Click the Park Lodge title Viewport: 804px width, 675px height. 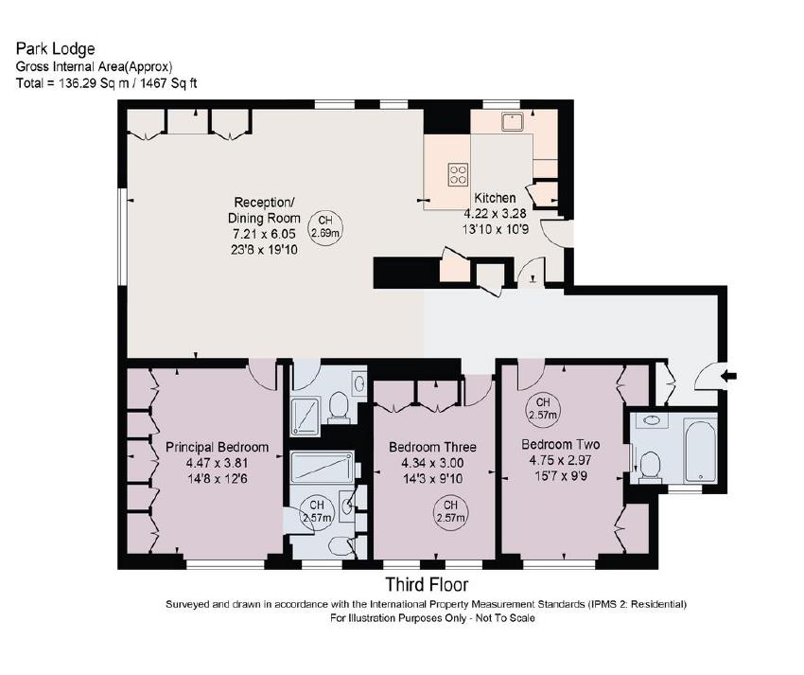pos(55,48)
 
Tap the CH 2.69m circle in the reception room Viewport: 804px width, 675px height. pos(327,224)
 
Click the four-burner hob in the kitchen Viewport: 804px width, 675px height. pos(458,173)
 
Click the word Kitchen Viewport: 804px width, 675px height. pos(495,198)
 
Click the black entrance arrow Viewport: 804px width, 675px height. pos(728,377)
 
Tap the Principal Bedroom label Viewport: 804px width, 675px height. pos(218,447)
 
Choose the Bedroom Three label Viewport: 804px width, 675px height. pos(432,447)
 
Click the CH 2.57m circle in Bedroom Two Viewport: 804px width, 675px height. pos(543,407)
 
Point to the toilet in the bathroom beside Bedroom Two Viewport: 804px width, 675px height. pos(649,465)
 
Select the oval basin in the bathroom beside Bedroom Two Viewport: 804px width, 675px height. pos(650,419)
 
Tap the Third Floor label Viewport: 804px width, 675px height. pos(426,585)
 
